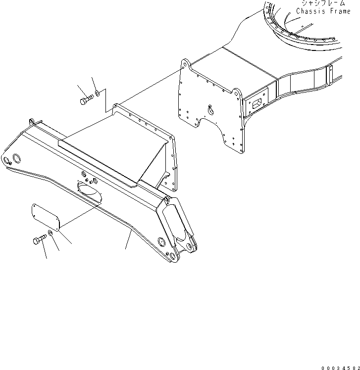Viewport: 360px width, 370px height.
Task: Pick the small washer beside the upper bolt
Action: pyautogui.click(x=98, y=92)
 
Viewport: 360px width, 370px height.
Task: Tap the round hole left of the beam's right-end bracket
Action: pyautogui.click(x=160, y=241)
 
